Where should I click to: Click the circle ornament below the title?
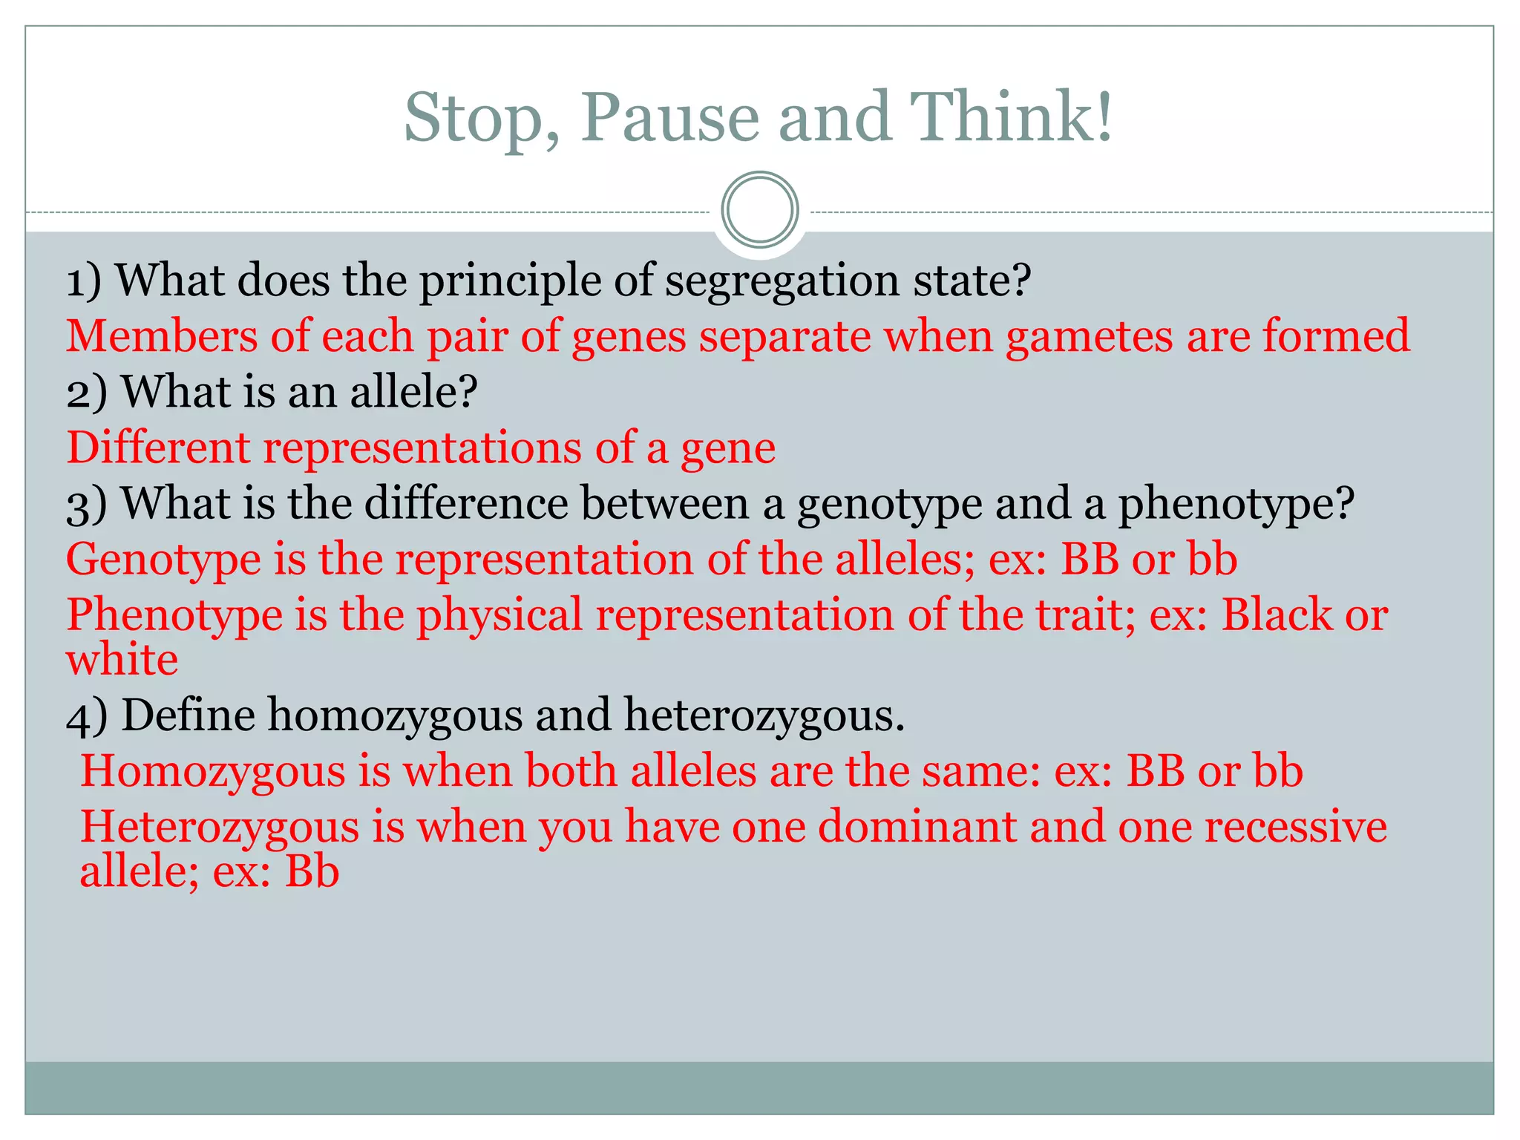(759, 210)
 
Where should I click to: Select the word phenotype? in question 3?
(1236, 505)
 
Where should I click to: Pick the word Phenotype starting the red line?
(174, 616)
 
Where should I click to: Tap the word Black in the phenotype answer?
(1277, 615)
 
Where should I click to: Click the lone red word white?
(122, 660)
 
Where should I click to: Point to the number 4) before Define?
(87, 717)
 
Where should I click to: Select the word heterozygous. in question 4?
(764, 717)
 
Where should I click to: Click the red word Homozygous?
(212, 772)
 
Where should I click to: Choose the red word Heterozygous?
(219, 828)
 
